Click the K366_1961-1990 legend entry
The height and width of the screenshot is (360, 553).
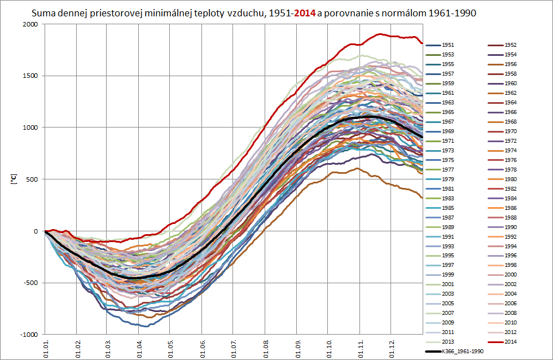463,352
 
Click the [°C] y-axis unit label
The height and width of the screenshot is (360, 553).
14,179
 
